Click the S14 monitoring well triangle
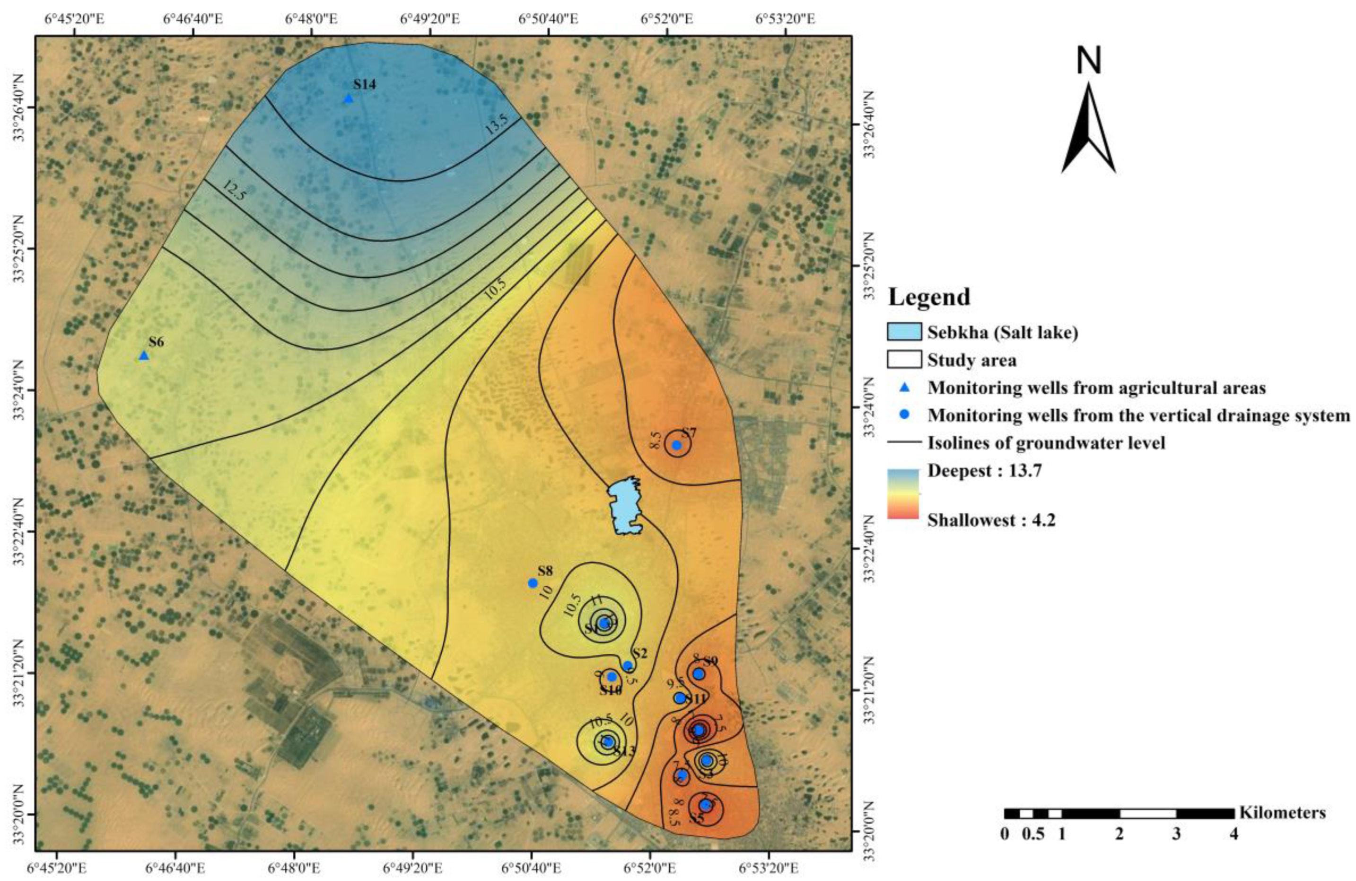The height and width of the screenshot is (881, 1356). pos(348,98)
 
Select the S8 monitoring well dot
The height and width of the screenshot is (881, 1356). pos(533,583)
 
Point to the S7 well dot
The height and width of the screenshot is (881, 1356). pos(677,445)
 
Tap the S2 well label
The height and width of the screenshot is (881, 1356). pos(640,653)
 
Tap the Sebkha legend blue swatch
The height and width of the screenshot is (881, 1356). pos(904,331)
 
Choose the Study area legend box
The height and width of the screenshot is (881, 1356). pos(904,359)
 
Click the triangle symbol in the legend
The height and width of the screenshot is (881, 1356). pos(904,388)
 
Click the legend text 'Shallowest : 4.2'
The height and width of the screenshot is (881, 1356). pos(991,520)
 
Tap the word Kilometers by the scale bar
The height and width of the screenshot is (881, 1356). pos(1282,812)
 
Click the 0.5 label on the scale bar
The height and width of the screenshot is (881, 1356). pos(1033,834)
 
